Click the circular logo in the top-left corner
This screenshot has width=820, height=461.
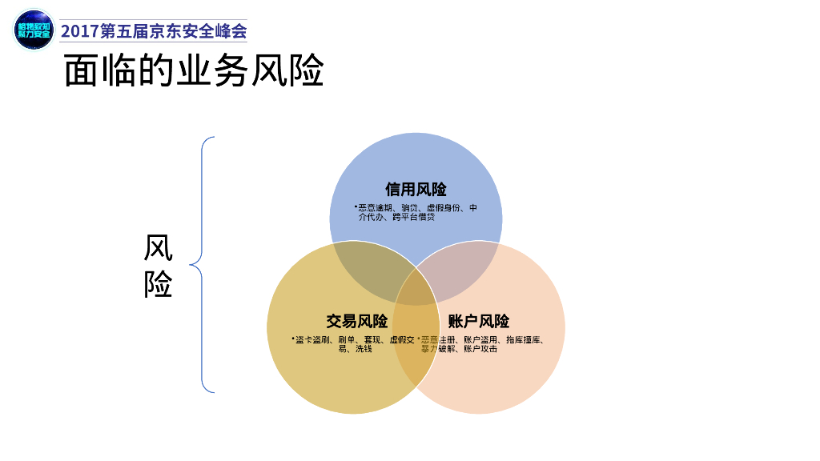(x=34, y=30)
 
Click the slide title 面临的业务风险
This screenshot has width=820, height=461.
(x=194, y=71)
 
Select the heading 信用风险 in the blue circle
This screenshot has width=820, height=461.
(x=416, y=190)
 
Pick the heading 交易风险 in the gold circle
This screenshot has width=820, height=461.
(x=356, y=322)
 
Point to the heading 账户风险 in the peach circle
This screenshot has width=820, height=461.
(x=479, y=322)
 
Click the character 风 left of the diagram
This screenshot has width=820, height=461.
(x=159, y=248)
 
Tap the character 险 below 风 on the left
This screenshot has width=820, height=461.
(x=159, y=284)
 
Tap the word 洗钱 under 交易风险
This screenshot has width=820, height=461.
(x=364, y=349)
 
